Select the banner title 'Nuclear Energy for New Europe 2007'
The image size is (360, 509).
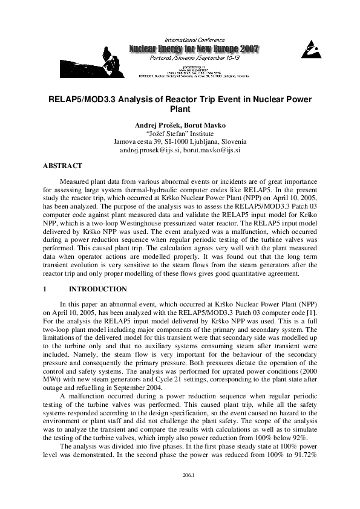pyautogui.click(x=192, y=48)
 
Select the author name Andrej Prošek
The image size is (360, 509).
pyautogui.click(x=155, y=125)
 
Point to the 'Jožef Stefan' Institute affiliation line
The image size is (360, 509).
pyautogui.click(x=180, y=133)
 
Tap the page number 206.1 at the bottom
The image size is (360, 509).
pyautogui.click(x=180, y=493)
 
